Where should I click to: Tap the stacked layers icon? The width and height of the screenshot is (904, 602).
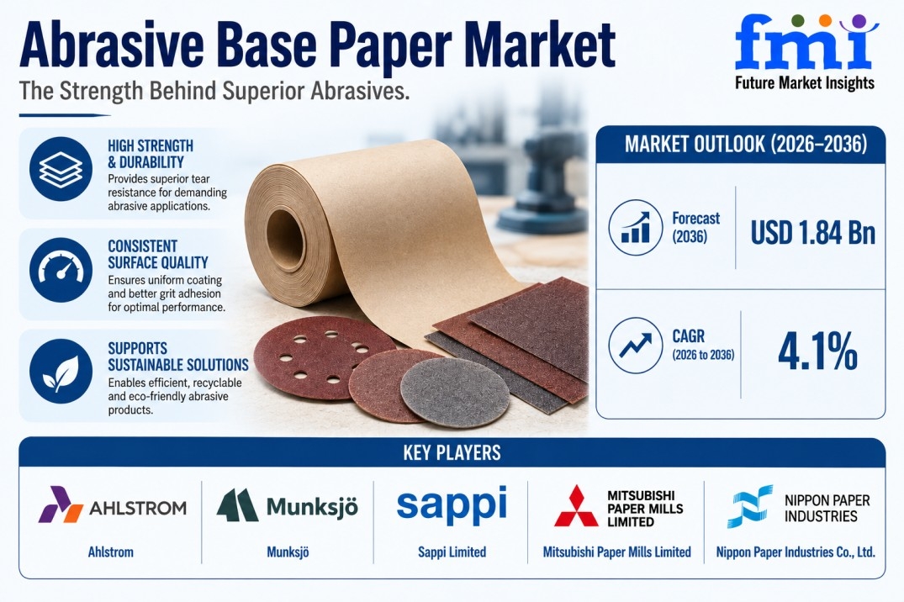pyautogui.click(x=61, y=169)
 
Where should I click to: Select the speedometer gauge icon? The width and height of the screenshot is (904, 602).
pyautogui.click(x=61, y=270)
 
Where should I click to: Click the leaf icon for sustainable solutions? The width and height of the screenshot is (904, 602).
pyautogui.click(x=61, y=372)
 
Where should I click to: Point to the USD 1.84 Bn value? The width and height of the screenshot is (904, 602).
pyautogui.click(x=813, y=232)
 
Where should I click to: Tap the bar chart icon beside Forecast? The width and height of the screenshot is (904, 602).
pyautogui.click(x=636, y=227)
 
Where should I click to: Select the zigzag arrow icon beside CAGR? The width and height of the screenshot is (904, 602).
pyautogui.click(x=636, y=346)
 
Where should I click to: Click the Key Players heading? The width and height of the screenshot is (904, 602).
pyautogui.click(x=452, y=452)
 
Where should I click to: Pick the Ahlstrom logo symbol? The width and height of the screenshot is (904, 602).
pyautogui.click(x=61, y=504)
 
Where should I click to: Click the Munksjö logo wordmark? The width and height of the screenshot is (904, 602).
pyautogui.click(x=312, y=507)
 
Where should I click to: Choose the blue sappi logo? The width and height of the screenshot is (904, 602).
pyautogui.click(x=452, y=504)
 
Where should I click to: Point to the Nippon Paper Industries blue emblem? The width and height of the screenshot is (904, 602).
pyautogui.click(x=749, y=506)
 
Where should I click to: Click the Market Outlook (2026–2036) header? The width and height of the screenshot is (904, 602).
pyautogui.click(x=746, y=144)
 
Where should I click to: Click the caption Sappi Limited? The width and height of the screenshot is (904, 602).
pyautogui.click(x=452, y=552)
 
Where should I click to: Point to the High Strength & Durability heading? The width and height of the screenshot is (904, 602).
pyautogui.click(x=151, y=154)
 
